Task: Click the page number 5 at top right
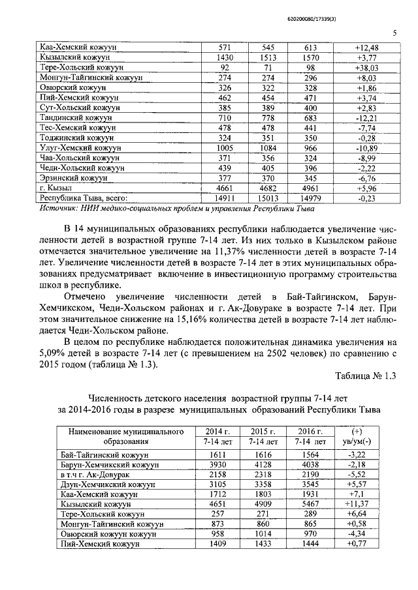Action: [394, 33]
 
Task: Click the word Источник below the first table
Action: [59, 209]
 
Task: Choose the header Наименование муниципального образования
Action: [118, 436]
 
